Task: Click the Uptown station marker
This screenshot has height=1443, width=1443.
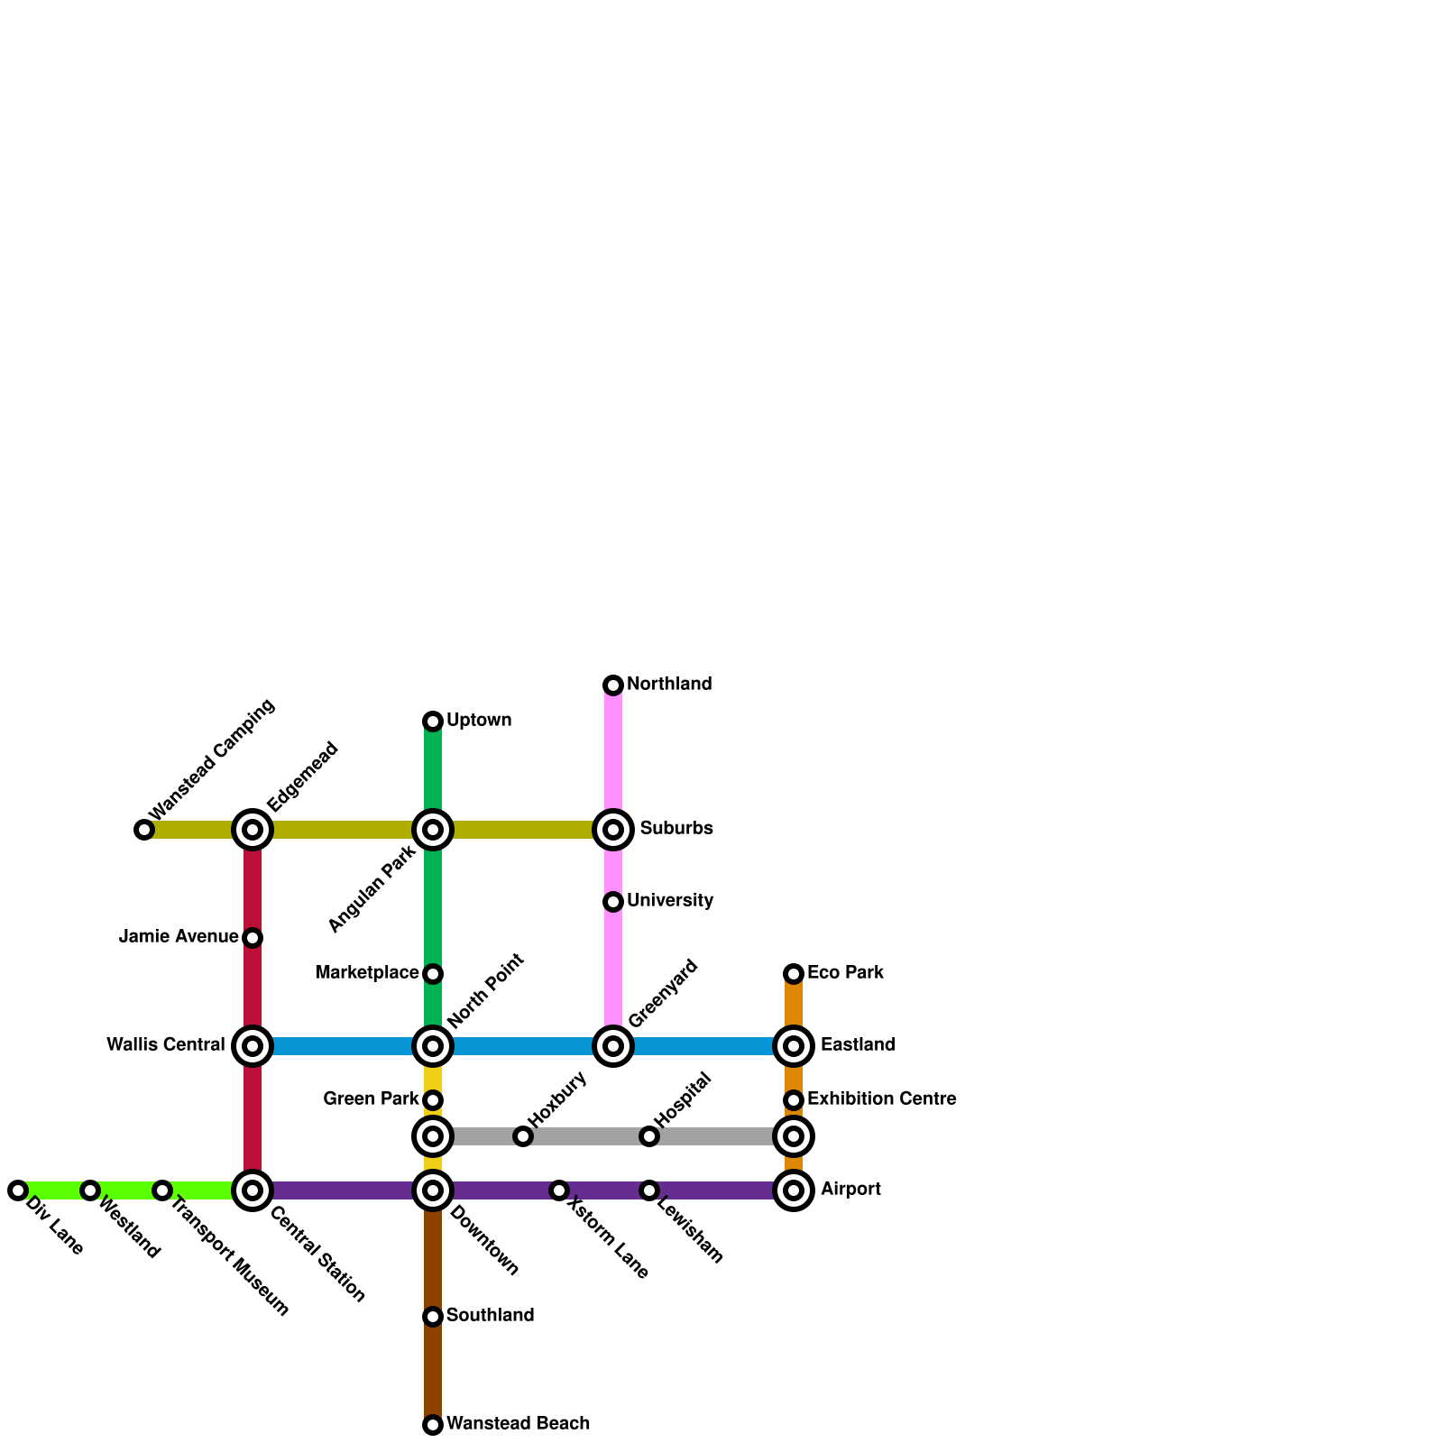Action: tap(433, 721)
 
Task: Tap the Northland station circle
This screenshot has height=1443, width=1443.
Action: tap(613, 685)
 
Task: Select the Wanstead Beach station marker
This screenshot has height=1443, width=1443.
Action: tap(433, 1425)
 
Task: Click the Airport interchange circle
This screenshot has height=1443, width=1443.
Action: tap(794, 1190)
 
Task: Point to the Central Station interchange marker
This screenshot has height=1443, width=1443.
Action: tap(253, 1190)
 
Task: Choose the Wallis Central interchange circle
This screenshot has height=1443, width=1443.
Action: tap(253, 1046)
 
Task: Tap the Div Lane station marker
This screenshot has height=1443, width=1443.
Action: tap(18, 1190)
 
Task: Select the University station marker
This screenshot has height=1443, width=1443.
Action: tap(613, 902)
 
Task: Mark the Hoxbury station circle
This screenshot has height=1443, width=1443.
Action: tap(523, 1136)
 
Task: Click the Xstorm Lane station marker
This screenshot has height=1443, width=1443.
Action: tap(559, 1190)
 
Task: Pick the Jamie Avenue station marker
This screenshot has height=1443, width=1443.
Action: tap(253, 938)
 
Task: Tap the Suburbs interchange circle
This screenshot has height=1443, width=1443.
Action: tap(613, 830)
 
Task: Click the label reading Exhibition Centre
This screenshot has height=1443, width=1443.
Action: tap(881, 1099)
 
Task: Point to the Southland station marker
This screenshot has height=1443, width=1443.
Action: tap(433, 1317)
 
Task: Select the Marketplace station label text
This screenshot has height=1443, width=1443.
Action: tap(366, 973)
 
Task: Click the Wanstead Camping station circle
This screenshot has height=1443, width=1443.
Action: tap(144, 830)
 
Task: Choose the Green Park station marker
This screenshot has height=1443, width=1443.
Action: tap(433, 1100)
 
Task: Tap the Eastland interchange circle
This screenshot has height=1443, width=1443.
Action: tap(794, 1046)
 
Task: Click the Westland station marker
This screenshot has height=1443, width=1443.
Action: tap(90, 1190)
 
